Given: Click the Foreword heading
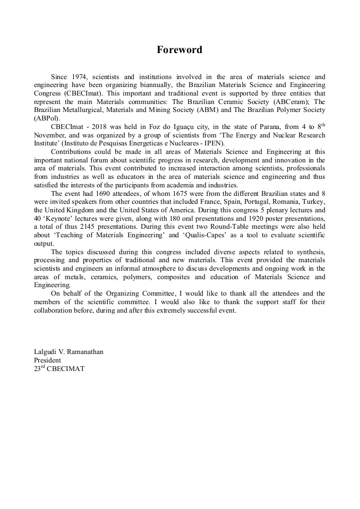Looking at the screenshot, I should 179,50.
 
